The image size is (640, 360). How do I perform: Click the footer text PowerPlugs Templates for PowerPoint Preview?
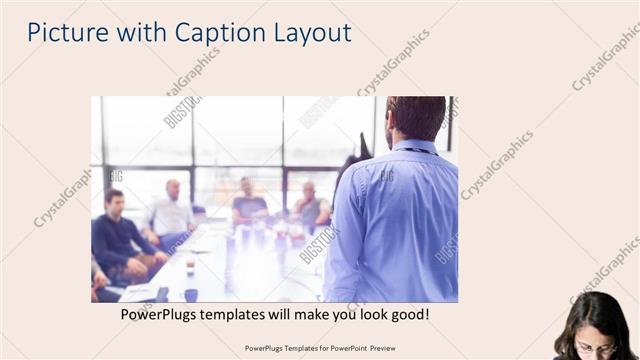pos(320,348)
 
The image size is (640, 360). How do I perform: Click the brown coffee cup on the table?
pos(190,268)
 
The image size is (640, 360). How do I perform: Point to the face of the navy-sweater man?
pos(114,201)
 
